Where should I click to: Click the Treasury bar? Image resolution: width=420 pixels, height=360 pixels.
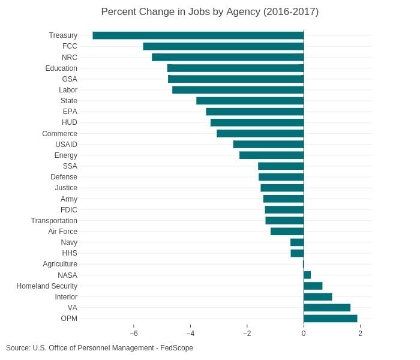pos(198,35)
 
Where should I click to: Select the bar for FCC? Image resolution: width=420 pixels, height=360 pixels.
pos(223,46)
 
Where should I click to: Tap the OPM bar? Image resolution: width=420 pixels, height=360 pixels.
pos(331,319)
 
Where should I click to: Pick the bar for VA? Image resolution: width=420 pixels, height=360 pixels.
pos(327,308)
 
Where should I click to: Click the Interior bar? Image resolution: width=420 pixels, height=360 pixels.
pos(318,297)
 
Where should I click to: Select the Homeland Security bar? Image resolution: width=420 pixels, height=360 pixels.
pos(313,286)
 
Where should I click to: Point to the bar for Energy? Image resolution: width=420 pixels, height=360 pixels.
pos(271,155)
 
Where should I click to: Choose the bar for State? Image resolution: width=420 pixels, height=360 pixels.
pos(250,101)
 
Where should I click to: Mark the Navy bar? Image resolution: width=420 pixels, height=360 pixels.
pos(297,242)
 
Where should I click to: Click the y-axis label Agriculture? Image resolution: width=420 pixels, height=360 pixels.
pos(60,264)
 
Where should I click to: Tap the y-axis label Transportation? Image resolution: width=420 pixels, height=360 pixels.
pos(54,221)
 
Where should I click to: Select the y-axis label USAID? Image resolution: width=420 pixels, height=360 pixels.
pos(66,145)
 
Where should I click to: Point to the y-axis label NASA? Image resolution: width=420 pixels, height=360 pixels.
pos(67,275)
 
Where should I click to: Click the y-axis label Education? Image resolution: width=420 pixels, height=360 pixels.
pos(61,68)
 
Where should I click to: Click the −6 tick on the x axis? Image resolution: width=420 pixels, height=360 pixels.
pos(134,334)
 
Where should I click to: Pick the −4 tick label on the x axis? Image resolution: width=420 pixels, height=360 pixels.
pos(190,334)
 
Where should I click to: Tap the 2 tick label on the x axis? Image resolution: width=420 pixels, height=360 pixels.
pos(360,334)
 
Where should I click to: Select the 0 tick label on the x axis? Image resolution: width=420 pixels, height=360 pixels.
pos(304,334)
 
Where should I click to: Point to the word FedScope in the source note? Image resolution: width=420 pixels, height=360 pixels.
pos(176,348)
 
